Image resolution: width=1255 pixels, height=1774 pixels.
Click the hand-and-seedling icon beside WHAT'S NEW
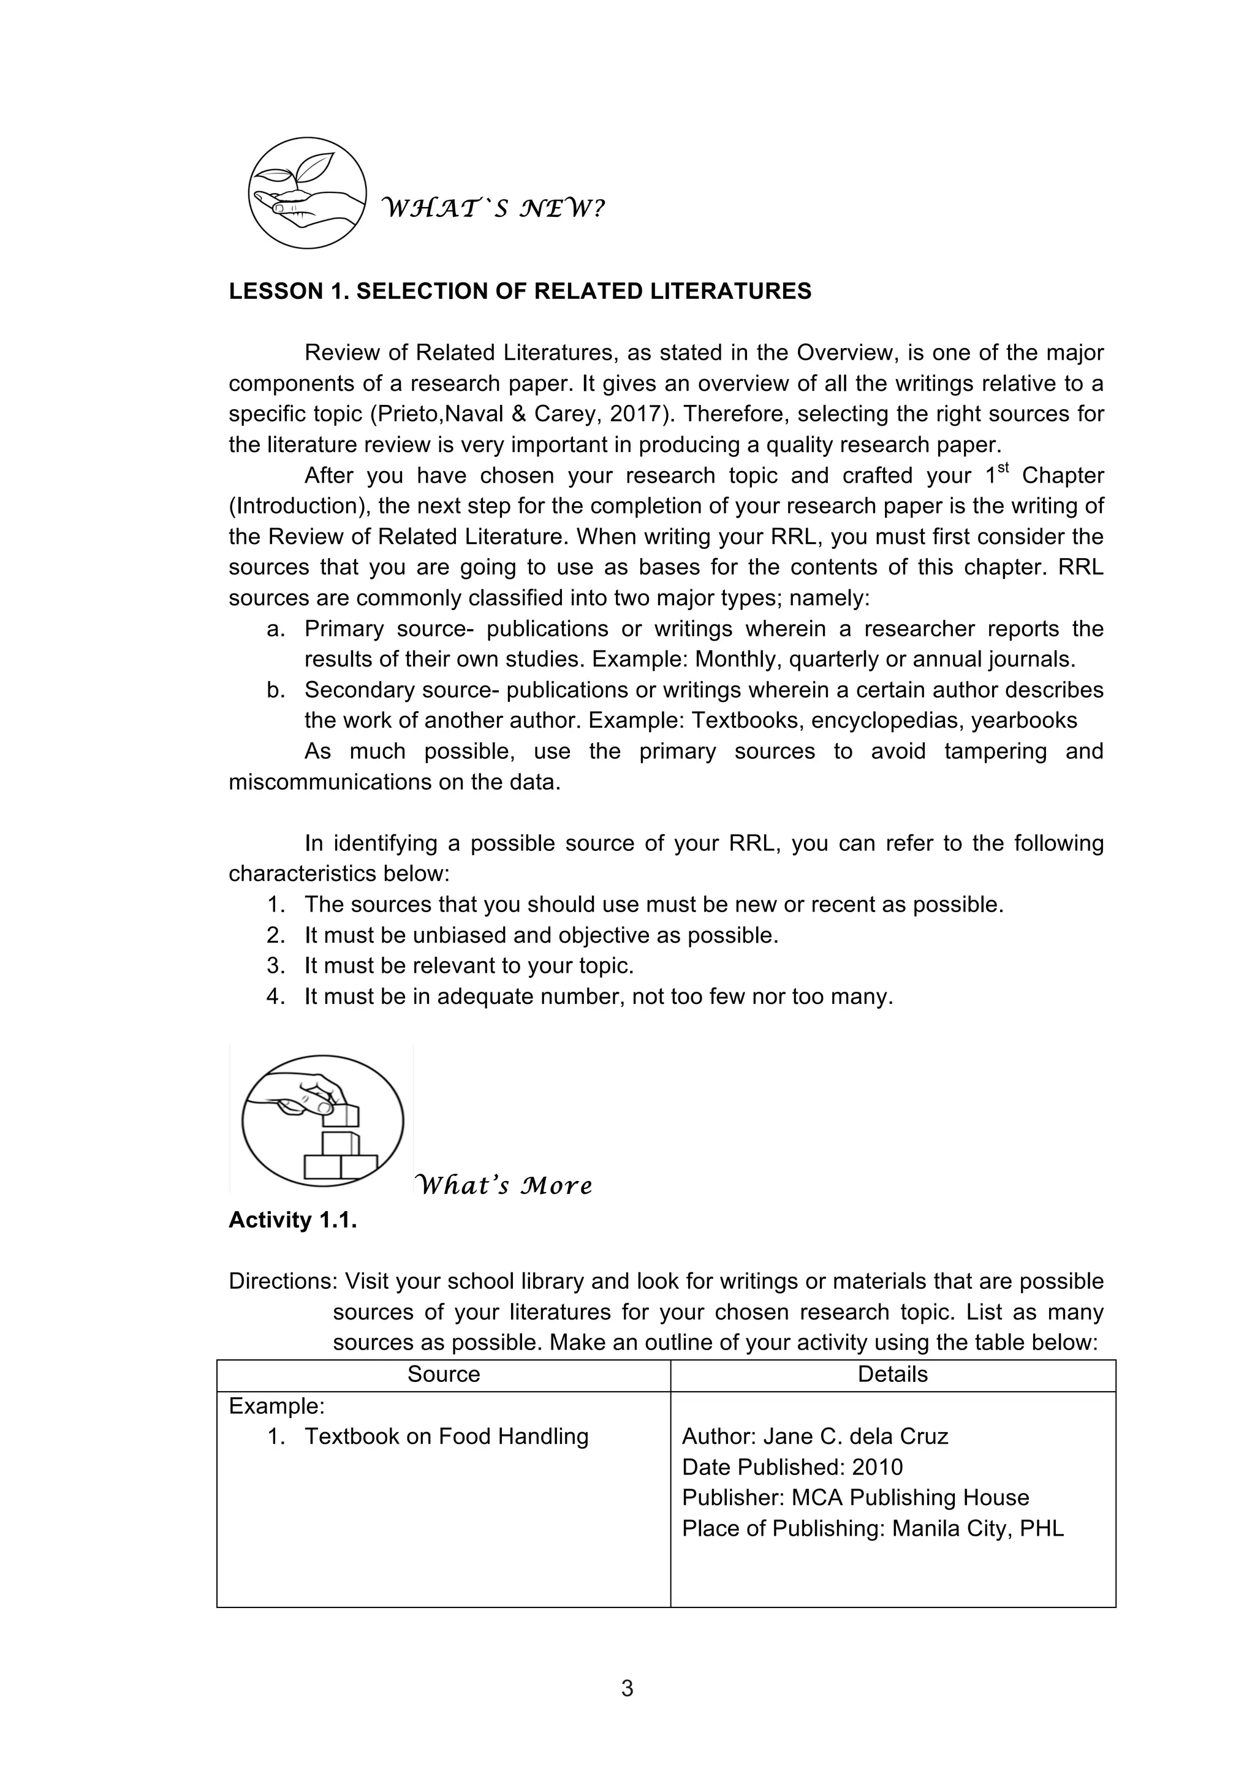tap(307, 193)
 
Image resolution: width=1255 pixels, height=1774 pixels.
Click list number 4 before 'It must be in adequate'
tap(276, 997)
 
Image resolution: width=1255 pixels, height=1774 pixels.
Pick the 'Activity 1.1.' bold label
tap(293, 1220)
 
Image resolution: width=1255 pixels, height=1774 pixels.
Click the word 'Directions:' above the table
tap(282, 1281)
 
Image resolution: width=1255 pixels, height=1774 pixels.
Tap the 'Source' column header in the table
tap(444, 1374)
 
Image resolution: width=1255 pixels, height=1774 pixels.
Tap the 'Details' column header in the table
tap(893, 1374)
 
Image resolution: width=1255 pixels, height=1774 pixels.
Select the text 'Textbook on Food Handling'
tap(446, 1436)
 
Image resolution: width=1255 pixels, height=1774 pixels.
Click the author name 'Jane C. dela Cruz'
tap(855, 1436)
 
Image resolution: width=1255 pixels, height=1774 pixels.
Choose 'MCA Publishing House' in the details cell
tap(911, 1497)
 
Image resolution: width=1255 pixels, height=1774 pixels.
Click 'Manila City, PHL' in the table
tap(977, 1528)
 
